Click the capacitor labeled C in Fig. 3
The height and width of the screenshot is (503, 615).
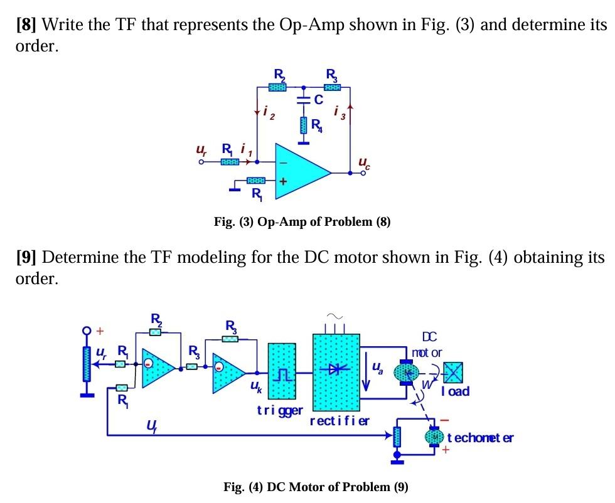[x=302, y=100]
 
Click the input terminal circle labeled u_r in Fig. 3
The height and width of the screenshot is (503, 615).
[x=201, y=162]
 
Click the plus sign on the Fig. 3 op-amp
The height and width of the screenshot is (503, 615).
[x=283, y=182]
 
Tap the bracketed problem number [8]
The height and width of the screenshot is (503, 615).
[x=26, y=26]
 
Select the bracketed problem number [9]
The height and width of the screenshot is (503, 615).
[x=26, y=258]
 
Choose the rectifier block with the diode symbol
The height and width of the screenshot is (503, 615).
[x=336, y=371]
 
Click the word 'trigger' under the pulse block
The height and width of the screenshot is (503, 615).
[x=280, y=411]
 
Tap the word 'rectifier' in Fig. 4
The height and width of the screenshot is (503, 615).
[x=340, y=420]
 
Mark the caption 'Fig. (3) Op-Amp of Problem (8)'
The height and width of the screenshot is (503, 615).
[x=302, y=222]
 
